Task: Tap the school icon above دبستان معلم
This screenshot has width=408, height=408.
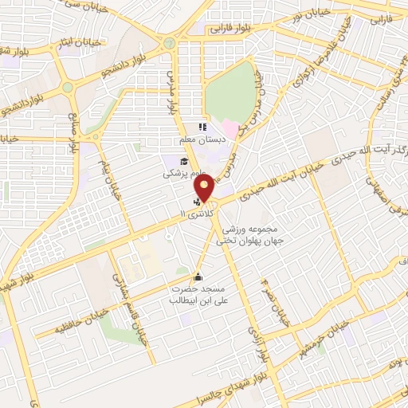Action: pyautogui.click(x=202, y=127)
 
